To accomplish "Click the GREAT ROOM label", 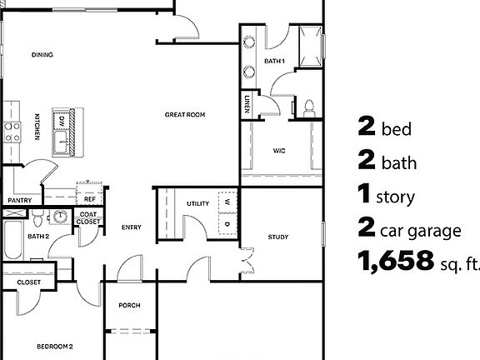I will pyautogui.click(x=184, y=115).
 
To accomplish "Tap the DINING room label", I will pyautogui.click(x=42, y=55).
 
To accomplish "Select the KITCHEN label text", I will pyautogui.click(x=37, y=126).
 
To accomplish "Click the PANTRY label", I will pyautogui.click(x=19, y=201).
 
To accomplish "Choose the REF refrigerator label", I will pyautogui.click(x=89, y=200).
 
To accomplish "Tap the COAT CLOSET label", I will pyautogui.click(x=88, y=218).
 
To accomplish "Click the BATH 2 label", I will pyautogui.click(x=39, y=237).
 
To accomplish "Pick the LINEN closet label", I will pyautogui.click(x=247, y=103).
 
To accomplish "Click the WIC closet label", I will pyautogui.click(x=279, y=151).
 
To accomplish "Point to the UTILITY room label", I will pyautogui.click(x=197, y=203).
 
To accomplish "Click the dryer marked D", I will pyautogui.click(x=226, y=223).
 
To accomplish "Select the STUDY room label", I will pyautogui.click(x=278, y=237).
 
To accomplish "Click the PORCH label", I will pyautogui.click(x=129, y=306).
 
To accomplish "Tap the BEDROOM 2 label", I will pyautogui.click(x=55, y=346).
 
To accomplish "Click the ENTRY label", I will pyautogui.click(x=131, y=227).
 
